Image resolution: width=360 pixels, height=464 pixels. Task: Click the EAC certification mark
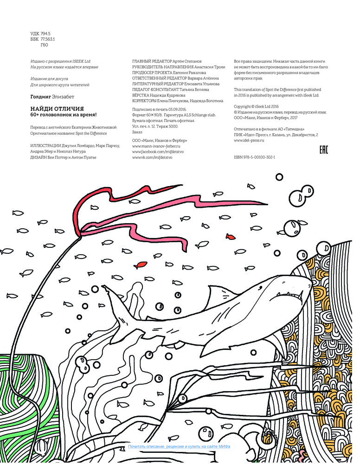[324, 150]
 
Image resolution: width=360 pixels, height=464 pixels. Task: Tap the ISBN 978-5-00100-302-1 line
[254, 157]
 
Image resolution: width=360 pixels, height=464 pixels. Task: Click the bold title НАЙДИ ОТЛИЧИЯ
[57, 109]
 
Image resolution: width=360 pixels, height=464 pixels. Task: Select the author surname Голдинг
[40, 97]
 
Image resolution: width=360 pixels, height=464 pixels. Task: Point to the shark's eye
[260, 287]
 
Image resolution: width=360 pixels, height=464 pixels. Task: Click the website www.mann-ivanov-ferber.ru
[156, 146]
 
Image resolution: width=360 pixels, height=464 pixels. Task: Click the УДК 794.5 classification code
[40, 34]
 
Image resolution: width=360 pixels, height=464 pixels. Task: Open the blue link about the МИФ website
[179, 446]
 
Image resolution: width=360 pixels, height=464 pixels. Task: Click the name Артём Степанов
[187, 61]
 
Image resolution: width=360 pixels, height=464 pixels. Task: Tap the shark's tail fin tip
[103, 286]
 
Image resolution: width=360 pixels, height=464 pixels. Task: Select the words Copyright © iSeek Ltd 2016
[256, 107]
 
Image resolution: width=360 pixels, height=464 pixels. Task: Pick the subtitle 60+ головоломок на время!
[64, 115]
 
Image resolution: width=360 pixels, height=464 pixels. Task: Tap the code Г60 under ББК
[44, 45]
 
